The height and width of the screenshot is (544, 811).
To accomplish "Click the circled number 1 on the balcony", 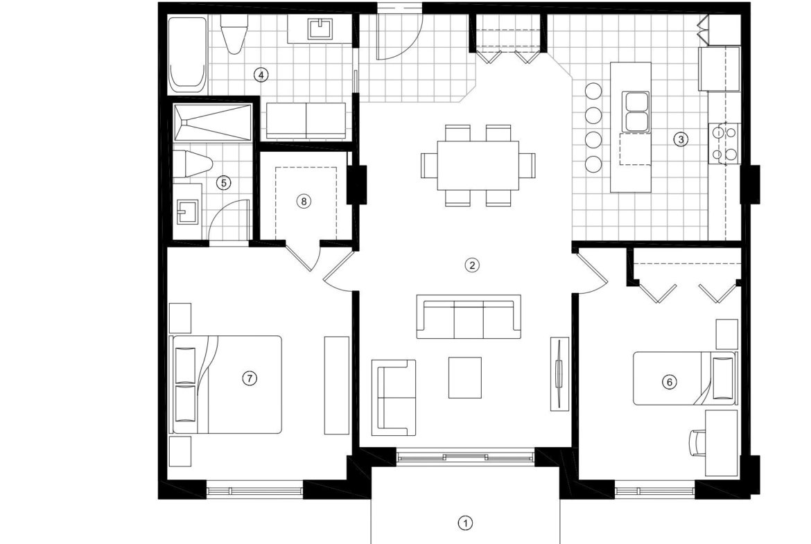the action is click(466, 523).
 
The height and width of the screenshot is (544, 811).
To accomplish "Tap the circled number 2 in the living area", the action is click(472, 265).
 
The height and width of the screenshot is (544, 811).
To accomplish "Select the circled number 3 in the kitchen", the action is click(681, 139).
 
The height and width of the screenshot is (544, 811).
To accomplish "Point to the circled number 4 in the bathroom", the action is click(261, 75).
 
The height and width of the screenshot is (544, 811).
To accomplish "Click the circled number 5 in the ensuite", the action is click(223, 182).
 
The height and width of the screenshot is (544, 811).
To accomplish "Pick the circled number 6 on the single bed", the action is click(670, 382).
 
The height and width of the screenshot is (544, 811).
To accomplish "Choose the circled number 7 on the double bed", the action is click(250, 378).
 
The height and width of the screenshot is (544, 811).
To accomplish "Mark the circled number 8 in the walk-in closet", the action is click(304, 201).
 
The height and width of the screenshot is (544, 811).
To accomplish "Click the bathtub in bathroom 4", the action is click(187, 54).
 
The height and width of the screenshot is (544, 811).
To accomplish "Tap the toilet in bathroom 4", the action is click(234, 34).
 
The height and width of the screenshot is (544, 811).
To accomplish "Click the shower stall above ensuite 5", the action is click(212, 122).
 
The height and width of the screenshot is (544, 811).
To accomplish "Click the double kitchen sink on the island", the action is click(637, 111).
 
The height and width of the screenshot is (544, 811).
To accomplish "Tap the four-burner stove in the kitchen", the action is click(724, 143).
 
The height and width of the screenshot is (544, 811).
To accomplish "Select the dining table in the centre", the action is click(478, 166).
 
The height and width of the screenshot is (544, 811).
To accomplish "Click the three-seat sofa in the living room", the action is click(469, 317).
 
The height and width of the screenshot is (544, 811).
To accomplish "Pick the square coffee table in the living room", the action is click(465, 378).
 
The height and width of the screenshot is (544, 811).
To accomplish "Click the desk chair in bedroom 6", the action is click(698, 443).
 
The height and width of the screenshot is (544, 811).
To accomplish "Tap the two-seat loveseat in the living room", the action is click(394, 398).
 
